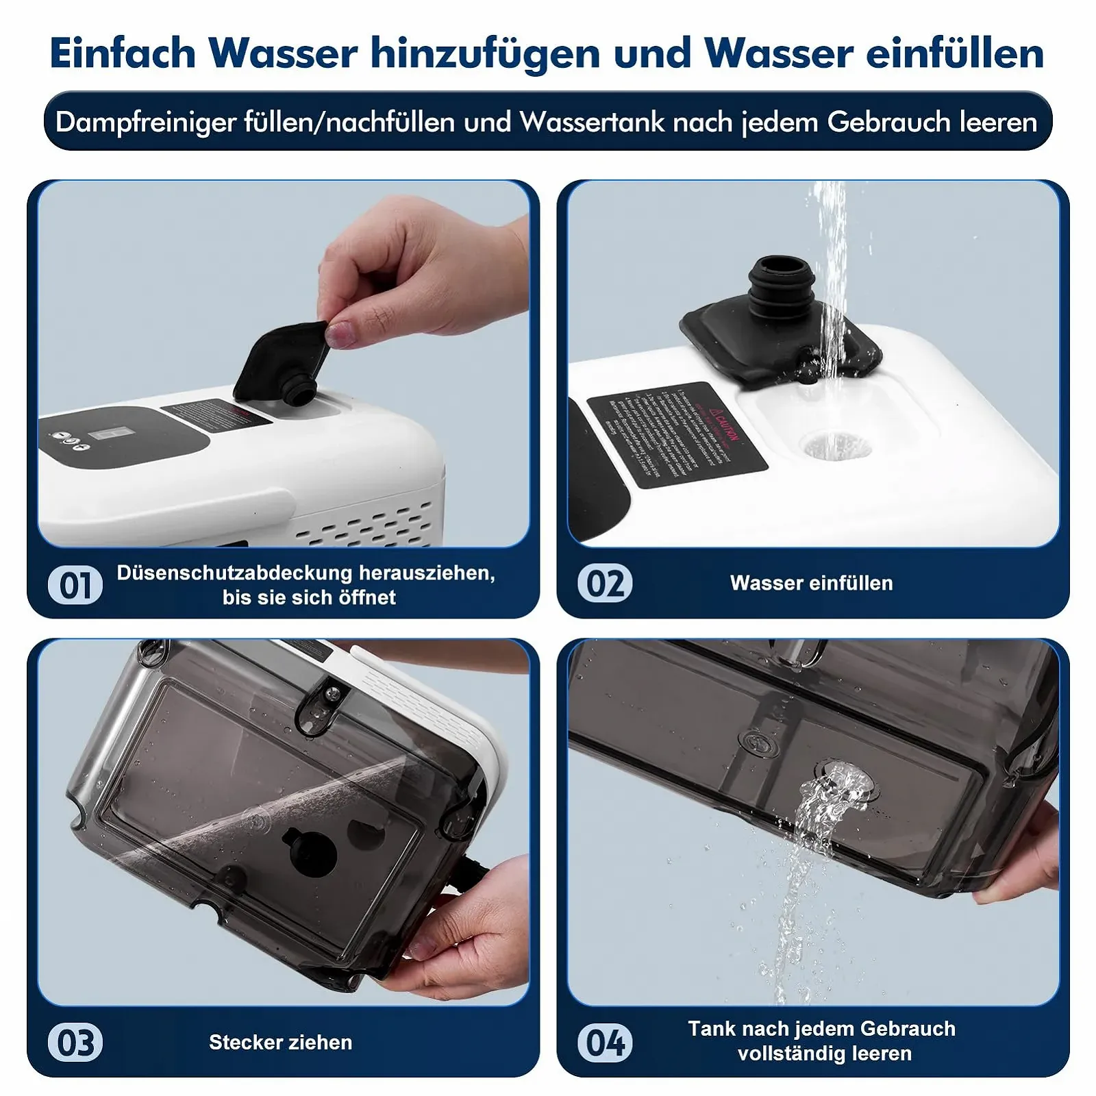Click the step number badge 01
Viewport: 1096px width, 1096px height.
[x=75, y=586]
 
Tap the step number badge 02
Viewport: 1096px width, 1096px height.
[x=605, y=584]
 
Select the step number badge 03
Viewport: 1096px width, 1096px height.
[x=75, y=1043]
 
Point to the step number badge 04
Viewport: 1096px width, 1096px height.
[x=605, y=1043]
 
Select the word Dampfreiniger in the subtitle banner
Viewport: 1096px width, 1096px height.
[x=145, y=122]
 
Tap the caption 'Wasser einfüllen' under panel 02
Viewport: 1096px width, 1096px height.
[x=811, y=583]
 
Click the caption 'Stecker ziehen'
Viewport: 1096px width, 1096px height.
[x=280, y=1043]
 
